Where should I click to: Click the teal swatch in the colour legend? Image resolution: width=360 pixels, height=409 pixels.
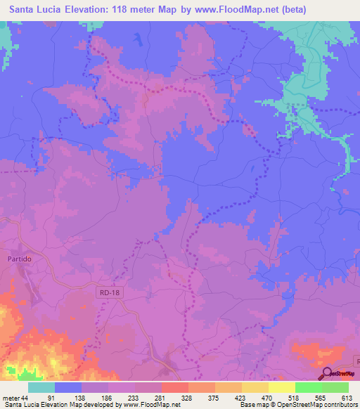41,387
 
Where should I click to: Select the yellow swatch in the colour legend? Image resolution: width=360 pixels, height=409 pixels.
281,387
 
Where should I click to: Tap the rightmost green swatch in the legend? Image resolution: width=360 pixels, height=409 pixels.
335,387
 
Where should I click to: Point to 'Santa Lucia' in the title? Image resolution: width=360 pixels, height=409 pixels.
34,10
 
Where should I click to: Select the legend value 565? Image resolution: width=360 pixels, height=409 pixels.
321,397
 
